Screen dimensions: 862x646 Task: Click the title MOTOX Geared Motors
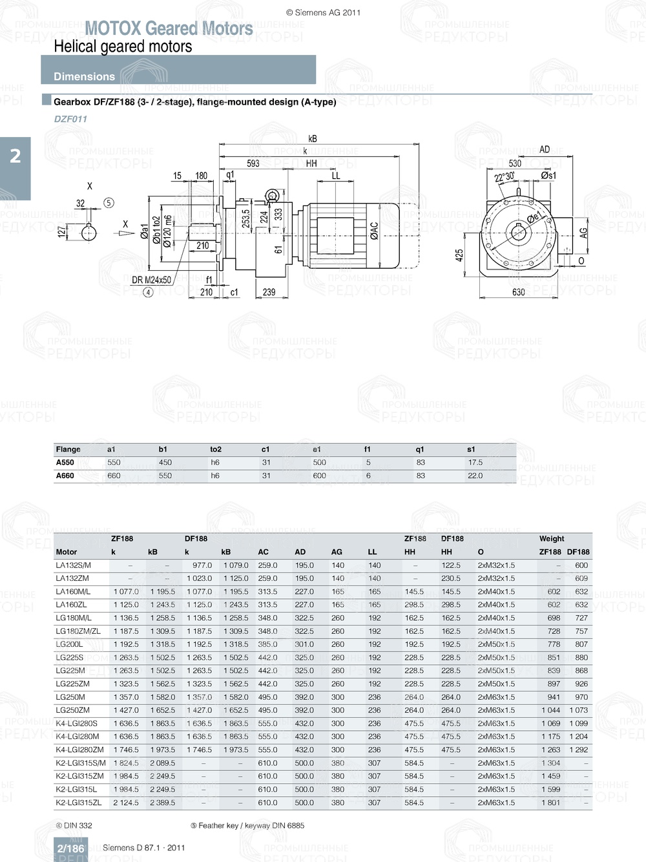tap(169, 28)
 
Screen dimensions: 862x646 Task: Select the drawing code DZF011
tap(70, 119)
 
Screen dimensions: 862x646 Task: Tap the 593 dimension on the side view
tap(253, 163)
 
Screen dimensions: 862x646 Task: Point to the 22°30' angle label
tap(504, 177)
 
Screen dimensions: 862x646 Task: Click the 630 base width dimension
tap(519, 292)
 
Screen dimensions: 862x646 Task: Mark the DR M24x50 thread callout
tap(151, 280)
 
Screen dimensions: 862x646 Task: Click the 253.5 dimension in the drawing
tap(245, 218)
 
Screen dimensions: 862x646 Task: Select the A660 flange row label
tap(65, 476)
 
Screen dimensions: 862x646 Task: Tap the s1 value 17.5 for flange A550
tap(475, 463)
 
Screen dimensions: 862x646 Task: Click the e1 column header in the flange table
tap(317, 449)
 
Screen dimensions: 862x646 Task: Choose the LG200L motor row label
tap(69, 644)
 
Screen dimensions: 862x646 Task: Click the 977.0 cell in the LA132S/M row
tap(202, 565)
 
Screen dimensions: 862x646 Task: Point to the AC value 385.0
tap(267, 644)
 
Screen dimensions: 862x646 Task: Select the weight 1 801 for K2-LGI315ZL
tap(550, 803)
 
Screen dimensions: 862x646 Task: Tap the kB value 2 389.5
tap(162, 803)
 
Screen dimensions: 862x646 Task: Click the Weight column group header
tap(552, 538)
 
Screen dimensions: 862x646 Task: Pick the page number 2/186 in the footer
tap(70, 848)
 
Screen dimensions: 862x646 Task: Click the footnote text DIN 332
tap(78, 825)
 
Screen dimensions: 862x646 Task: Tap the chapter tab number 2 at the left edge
tap(16, 156)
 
